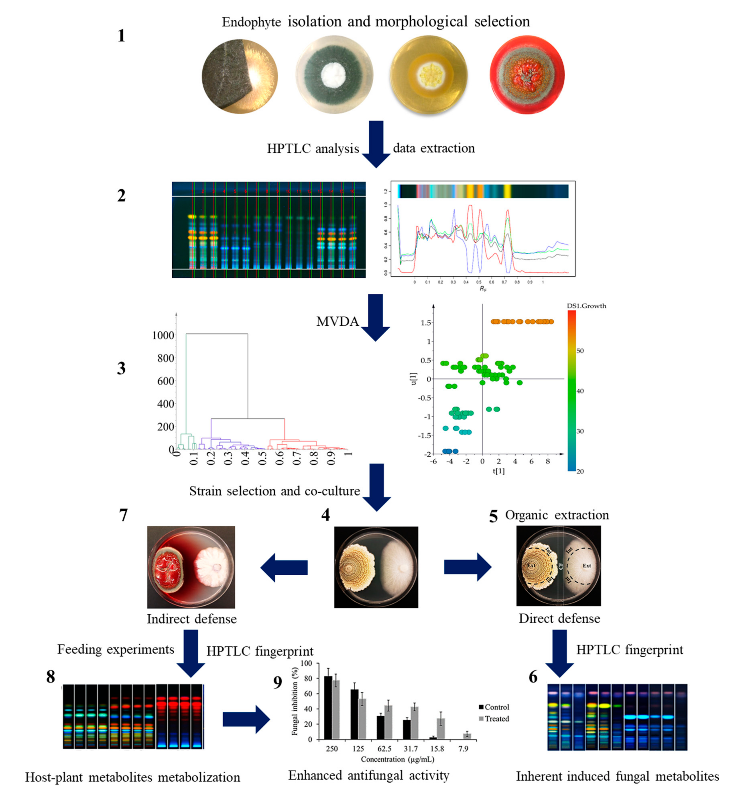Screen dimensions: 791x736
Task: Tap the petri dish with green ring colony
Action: (333, 75)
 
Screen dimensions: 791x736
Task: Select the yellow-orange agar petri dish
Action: (429, 75)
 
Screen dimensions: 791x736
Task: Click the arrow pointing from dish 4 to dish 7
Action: (284, 567)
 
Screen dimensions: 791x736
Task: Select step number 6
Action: (533, 677)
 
